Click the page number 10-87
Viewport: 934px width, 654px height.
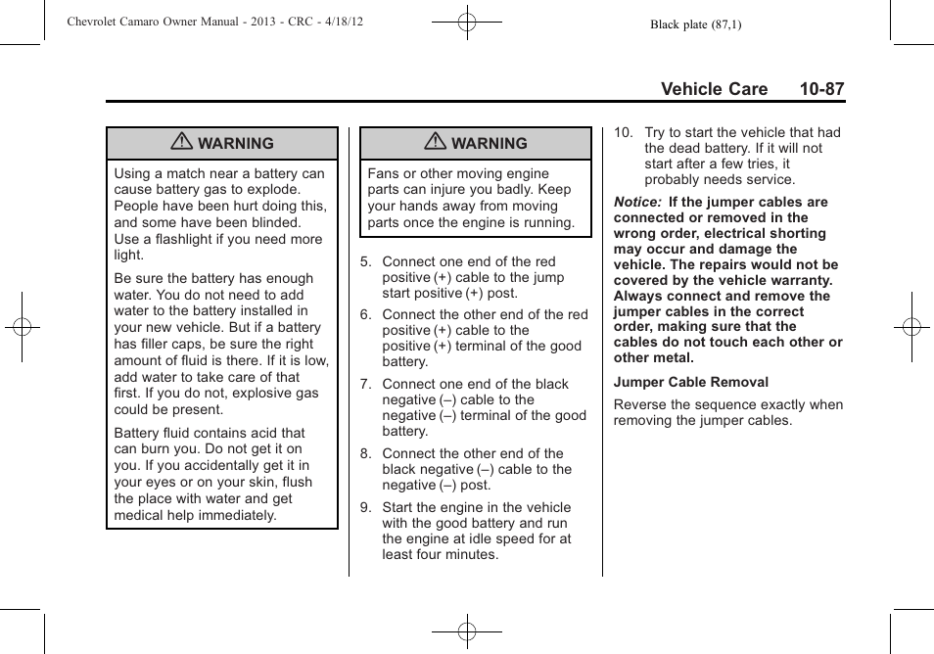[x=820, y=89]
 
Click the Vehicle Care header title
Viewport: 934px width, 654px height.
[x=714, y=89]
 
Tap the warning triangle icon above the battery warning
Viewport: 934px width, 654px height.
[x=181, y=143]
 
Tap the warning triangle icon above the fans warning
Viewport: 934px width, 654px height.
[x=436, y=143]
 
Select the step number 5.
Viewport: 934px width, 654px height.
[x=366, y=262]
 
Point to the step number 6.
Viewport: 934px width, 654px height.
[x=366, y=315]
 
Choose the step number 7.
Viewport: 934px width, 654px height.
[x=366, y=385]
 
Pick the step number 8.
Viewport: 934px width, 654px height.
[x=366, y=454]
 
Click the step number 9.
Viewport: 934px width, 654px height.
[x=366, y=508]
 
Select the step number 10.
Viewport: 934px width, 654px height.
[x=623, y=133]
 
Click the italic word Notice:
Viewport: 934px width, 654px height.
[x=637, y=203]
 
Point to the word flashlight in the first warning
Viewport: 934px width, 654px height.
[x=189, y=239]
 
